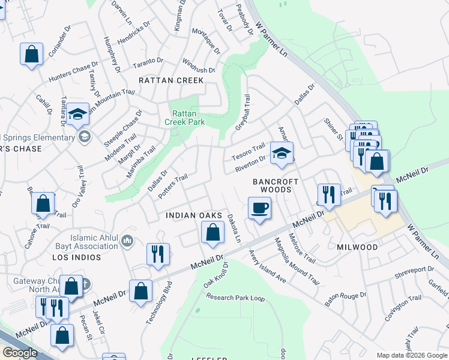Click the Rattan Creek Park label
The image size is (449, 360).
pos(188,118)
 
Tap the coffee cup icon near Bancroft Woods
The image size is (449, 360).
pos(259,208)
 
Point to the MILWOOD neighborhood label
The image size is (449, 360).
pos(357,247)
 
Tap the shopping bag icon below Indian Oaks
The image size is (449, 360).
pos(212,232)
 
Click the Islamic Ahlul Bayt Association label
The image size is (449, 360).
pos(94,242)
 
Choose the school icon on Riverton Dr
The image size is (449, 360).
pos(282,152)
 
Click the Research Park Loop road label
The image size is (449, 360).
pos(235,297)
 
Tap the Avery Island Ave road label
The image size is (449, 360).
pos(268,266)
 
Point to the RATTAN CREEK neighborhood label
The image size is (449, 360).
pos(171,80)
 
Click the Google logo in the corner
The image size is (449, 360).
pos(19,353)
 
